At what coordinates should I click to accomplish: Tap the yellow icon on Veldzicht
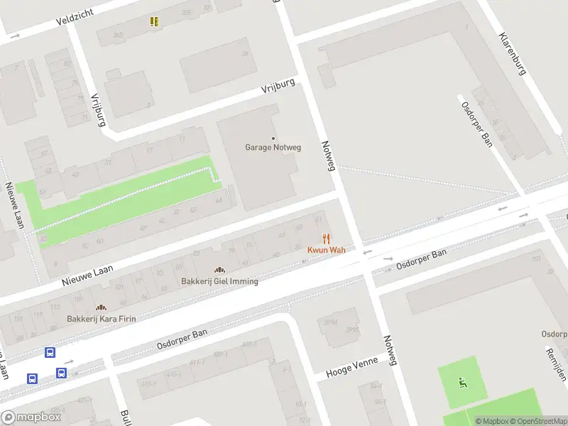tap(154, 22)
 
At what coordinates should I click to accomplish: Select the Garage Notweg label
tap(273, 148)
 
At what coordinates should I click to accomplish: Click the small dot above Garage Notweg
tap(273, 138)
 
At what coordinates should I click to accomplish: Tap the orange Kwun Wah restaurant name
tap(326, 250)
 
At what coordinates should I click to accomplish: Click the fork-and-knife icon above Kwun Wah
tap(326, 239)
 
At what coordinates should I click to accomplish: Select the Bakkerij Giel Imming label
tap(219, 281)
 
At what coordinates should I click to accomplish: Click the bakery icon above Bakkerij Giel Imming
tap(219, 270)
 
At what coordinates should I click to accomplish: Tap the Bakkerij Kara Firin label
tap(102, 319)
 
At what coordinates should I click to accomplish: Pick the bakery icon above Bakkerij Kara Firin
tap(101, 307)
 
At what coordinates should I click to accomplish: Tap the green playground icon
tap(463, 383)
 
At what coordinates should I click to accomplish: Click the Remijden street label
tap(556, 364)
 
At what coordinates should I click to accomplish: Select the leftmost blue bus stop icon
tap(32, 378)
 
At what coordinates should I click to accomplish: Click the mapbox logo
tap(31, 417)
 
